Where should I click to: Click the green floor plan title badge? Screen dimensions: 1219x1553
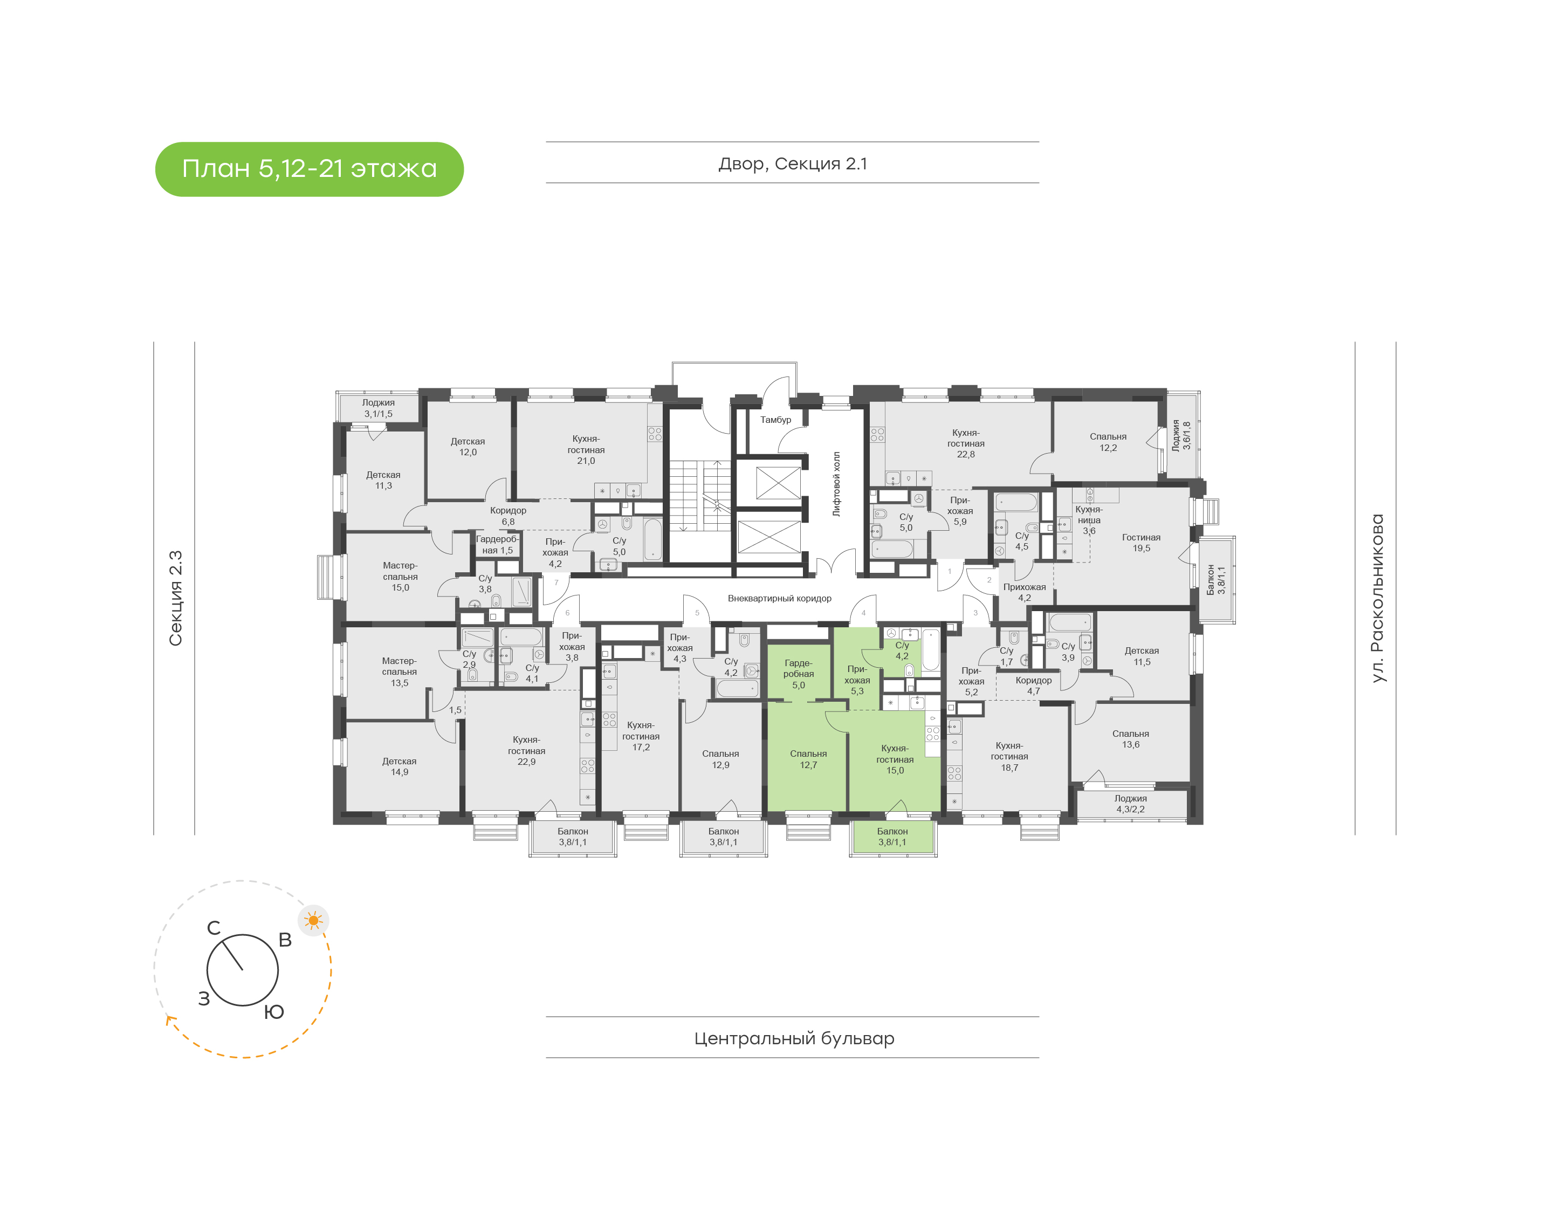pos(309,169)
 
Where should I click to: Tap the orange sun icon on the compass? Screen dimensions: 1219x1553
pos(313,920)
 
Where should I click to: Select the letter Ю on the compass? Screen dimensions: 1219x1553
pos(274,1012)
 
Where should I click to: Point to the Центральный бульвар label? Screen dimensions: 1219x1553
pos(793,1038)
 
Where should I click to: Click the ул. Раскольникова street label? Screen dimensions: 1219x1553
pos(1378,598)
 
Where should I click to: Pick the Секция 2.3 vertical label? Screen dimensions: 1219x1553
pos(175,598)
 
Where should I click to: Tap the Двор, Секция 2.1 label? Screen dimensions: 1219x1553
pos(793,163)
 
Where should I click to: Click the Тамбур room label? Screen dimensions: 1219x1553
pos(775,420)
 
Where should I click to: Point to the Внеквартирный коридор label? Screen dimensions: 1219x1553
pos(779,598)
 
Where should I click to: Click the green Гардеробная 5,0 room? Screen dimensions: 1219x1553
pos(798,674)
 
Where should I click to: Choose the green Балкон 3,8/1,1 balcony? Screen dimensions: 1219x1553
pos(892,837)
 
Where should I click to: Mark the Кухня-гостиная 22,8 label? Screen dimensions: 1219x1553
pos(965,443)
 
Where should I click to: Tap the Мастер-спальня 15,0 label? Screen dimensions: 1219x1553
pos(400,577)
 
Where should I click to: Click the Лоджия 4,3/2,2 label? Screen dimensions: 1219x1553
pos(1131,804)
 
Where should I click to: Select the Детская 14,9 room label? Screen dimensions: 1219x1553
pos(400,766)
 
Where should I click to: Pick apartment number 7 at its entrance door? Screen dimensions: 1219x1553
pos(556,583)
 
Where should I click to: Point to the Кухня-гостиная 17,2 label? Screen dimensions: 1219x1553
pos(641,736)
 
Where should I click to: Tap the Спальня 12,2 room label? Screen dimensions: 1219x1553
pos(1108,442)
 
